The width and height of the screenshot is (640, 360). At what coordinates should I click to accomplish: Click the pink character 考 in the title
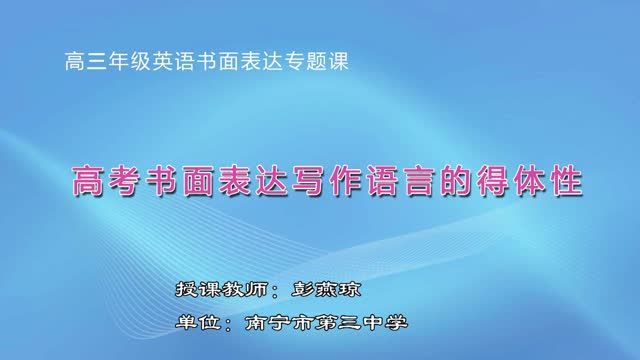click(x=125, y=183)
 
